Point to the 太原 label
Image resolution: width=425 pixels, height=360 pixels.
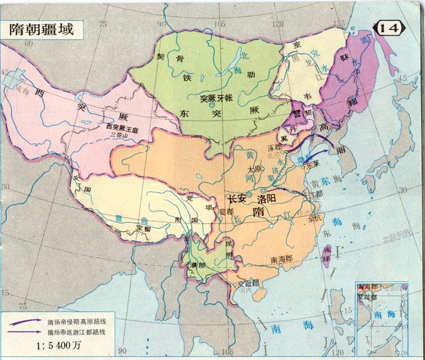pos(254,169)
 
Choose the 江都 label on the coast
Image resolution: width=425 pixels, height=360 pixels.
pos(316,195)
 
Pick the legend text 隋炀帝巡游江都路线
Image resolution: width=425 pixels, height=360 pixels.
pos(78,333)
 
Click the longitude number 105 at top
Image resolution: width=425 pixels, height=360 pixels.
pos(219,23)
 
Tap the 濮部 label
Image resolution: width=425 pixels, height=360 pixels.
pos(198,264)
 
